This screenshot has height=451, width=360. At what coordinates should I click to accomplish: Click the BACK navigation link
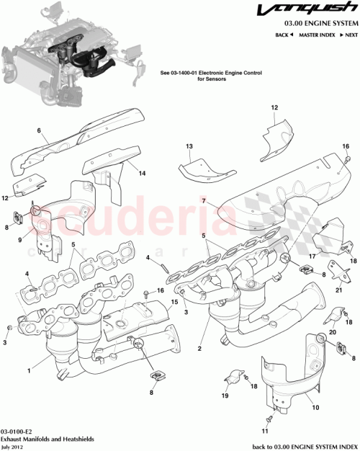coord(284,35)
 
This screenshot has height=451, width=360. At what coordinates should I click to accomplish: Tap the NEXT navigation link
coord(350,35)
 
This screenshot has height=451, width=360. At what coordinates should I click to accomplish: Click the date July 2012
coord(14,445)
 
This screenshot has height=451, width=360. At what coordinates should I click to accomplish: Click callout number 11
coord(264,431)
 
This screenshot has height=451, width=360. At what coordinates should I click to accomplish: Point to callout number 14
coord(142,173)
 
